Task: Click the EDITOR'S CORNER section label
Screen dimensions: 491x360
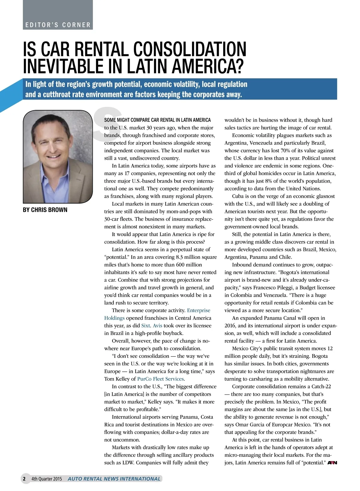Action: coord(58,25)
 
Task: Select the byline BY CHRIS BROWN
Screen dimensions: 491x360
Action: coord(45,210)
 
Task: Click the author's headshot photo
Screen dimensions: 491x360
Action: coord(58,156)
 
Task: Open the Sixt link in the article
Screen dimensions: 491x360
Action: coord(145,326)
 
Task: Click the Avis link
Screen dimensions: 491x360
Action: coord(157,326)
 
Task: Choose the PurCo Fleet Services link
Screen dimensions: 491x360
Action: coord(160,379)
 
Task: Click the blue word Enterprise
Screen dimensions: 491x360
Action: coord(199,310)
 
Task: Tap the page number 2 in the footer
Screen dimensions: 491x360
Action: coord(24,479)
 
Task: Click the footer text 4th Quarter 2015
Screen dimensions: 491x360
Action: coord(46,479)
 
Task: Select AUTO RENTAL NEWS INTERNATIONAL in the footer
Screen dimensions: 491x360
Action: coord(114,479)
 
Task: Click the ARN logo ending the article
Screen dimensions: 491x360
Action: coord(332,463)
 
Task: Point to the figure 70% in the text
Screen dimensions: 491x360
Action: coord(286,150)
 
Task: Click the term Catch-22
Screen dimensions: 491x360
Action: coord(320,386)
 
